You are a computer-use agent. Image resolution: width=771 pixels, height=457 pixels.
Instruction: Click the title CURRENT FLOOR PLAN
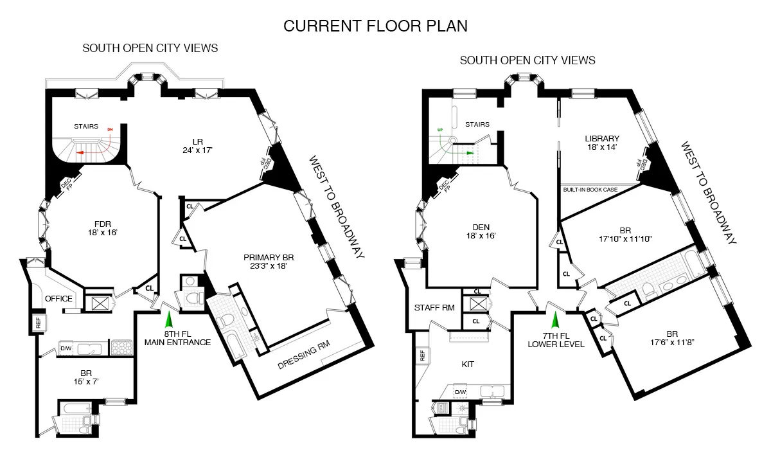coord(376,26)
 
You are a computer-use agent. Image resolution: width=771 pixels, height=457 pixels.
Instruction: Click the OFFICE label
coord(58,299)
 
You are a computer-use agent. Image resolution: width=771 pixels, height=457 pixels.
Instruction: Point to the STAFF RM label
coord(434,308)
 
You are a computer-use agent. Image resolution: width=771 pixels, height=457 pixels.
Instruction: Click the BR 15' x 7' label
coord(85,377)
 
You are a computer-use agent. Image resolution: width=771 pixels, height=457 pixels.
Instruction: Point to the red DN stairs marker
coord(109,130)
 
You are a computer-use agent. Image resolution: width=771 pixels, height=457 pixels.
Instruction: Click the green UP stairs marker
coord(439,130)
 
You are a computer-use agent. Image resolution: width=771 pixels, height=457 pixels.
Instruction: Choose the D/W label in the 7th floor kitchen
coord(460,392)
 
